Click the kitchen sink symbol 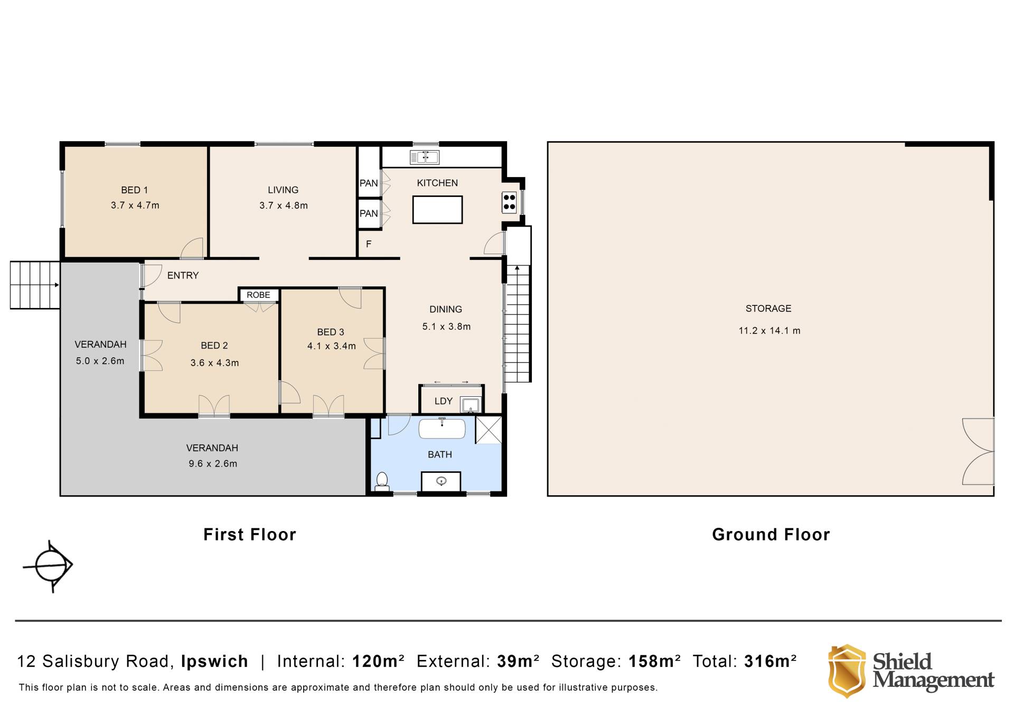point(425,157)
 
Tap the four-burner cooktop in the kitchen point(509,202)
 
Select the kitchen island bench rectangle point(438,209)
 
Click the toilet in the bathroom point(382,481)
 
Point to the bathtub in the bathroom point(442,429)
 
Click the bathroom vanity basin point(442,481)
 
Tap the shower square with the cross point(489,430)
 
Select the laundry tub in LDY point(470,405)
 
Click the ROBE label point(258,295)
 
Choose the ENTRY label point(183,275)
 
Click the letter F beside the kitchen point(369,244)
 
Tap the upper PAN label point(369,183)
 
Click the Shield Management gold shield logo point(847,671)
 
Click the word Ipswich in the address point(214,662)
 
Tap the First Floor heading point(250,535)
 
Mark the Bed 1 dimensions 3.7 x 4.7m point(135,205)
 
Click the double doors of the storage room point(978,451)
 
